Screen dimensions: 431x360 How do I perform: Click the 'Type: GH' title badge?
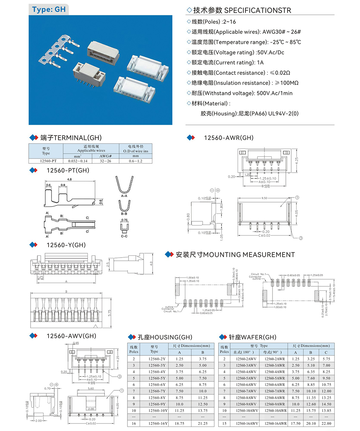point(49,10)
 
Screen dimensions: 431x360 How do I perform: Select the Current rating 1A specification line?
point(225,63)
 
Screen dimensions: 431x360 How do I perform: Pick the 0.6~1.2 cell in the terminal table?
point(136,161)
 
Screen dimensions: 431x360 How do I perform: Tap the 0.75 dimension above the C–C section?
point(125,220)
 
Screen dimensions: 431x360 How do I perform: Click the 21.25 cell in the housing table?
point(202,423)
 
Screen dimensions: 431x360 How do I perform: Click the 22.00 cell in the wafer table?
point(326,423)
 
